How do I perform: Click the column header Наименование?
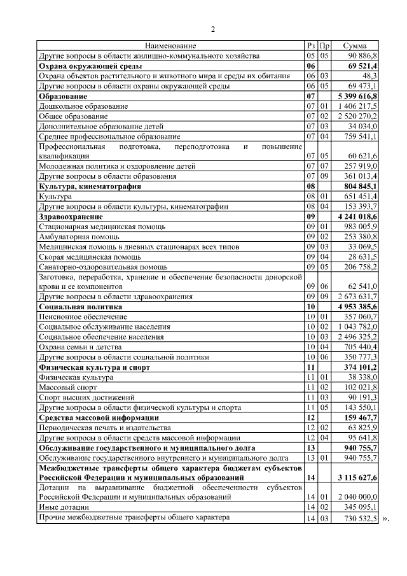[170, 46]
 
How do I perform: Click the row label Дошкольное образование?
[83, 106]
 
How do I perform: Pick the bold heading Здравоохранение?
[74, 216]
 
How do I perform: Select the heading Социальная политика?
[80, 306]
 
